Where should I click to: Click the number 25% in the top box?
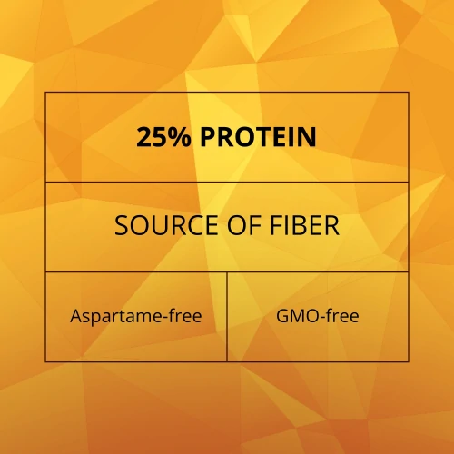(x=163, y=137)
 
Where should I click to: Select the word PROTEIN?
(x=258, y=137)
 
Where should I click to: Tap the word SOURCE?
(x=166, y=225)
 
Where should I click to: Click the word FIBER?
(x=304, y=225)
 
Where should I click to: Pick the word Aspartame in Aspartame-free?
(x=116, y=317)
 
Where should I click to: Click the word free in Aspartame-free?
(x=185, y=316)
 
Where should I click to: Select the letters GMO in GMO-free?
(x=297, y=316)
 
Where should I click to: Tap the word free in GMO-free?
(x=342, y=316)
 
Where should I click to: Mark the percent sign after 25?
(x=181, y=137)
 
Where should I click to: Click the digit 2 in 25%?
(x=144, y=137)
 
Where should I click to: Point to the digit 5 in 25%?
(x=161, y=137)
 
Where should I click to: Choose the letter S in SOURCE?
(x=122, y=225)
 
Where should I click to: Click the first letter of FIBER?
(x=276, y=225)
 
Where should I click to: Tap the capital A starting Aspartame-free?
(x=76, y=316)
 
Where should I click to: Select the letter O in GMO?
(x=311, y=316)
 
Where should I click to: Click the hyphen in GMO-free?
(x=322, y=318)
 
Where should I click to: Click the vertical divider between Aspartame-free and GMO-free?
(x=227, y=317)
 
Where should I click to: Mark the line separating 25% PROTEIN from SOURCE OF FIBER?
(x=227, y=182)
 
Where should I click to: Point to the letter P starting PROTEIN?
(x=208, y=137)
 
